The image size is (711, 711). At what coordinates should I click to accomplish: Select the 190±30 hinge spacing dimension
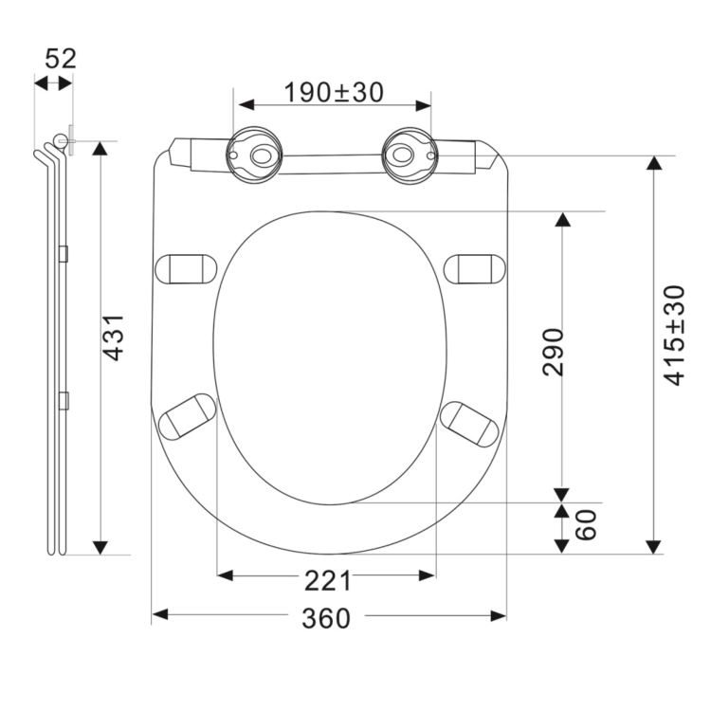click(334, 92)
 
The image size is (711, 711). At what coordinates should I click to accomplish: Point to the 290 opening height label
click(554, 352)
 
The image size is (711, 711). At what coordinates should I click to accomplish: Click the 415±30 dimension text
click(675, 335)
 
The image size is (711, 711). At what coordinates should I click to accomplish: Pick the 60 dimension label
click(587, 524)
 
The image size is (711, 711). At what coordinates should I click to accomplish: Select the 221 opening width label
click(327, 580)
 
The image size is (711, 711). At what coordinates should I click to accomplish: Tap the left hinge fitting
click(254, 152)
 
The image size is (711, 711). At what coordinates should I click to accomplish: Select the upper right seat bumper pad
click(477, 268)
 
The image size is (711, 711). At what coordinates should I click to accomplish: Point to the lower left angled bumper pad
click(188, 417)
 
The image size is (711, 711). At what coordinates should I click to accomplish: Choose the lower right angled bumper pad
click(473, 422)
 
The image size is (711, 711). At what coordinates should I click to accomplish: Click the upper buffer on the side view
click(64, 253)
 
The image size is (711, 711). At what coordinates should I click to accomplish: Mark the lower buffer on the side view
click(64, 399)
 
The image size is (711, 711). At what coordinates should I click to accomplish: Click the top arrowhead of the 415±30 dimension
click(653, 164)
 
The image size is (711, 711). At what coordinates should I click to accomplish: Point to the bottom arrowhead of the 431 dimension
click(100, 547)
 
